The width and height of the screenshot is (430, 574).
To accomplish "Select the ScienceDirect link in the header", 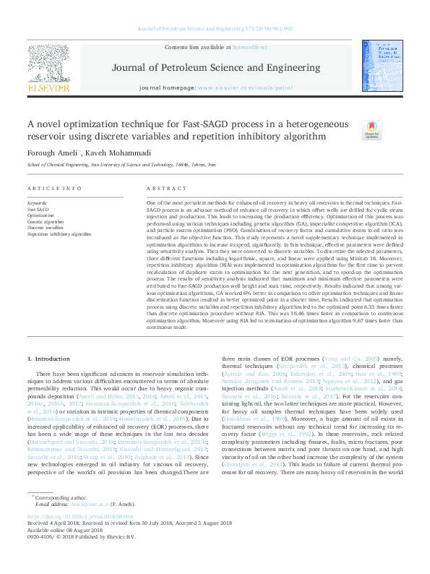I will pyautogui.click(x=249, y=47).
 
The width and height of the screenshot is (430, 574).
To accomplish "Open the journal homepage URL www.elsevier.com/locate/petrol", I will pyautogui.click(x=246, y=87).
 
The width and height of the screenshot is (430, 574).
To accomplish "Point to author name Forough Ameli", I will pyautogui.click(x=53, y=153).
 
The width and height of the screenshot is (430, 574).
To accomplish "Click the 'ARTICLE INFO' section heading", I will pyautogui.click(x=54, y=188).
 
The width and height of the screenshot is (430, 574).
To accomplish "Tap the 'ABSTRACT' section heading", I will pyautogui.click(x=162, y=188).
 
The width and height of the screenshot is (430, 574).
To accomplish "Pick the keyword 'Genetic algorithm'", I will pyautogui.click(x=46, y=222).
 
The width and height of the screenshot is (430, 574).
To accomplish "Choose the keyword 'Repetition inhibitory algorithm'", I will pyautogui.click(x=59, y=234).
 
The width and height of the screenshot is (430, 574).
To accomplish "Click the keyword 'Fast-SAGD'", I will pyautogui.click(x=38, y=210).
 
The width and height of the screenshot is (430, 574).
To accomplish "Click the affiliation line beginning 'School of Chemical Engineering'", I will pyautogui.click(x=121, y=165).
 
